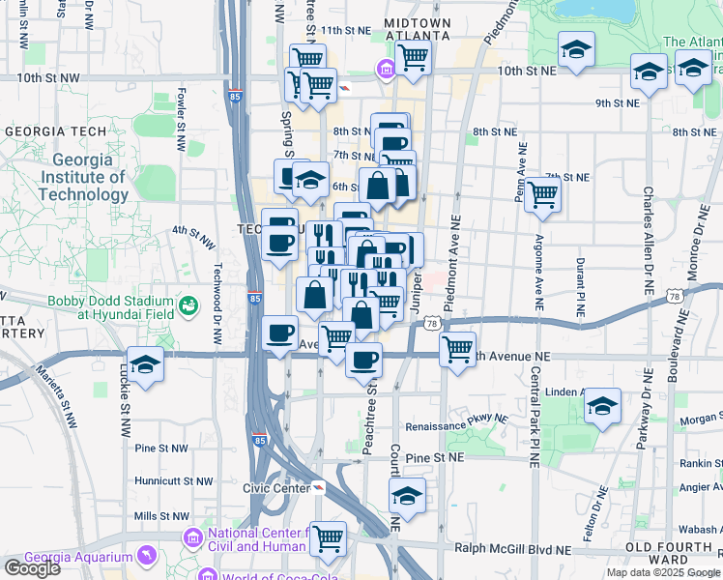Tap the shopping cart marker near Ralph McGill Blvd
click(x=329, y=536)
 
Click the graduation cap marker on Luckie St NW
click(x=145, y=364)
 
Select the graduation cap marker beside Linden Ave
click(x=602, y=405)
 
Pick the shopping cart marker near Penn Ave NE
click(x=543, y=195)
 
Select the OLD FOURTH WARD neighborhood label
click(x=680, y=553)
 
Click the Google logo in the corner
click(x=32, y=568)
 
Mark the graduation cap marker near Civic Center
click(x=407, y=495)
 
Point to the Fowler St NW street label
click(x=181, y=122)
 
